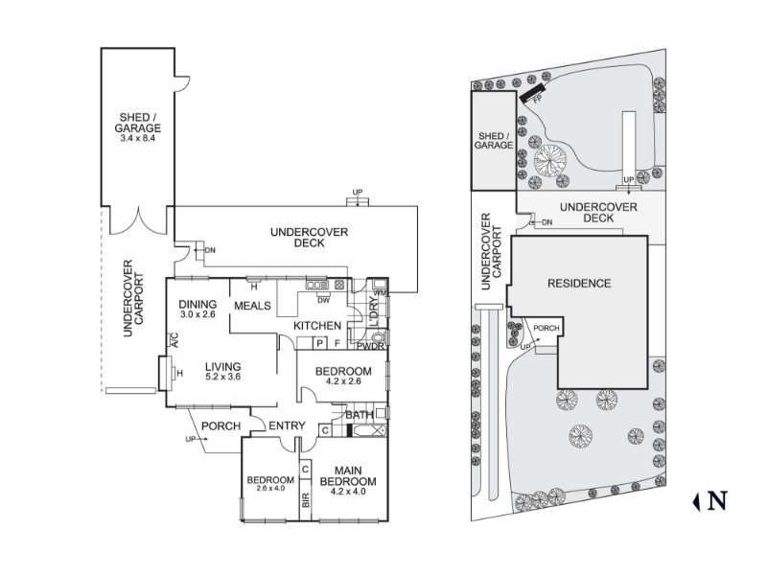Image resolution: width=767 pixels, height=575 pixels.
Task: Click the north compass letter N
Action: click(x=716, y=501)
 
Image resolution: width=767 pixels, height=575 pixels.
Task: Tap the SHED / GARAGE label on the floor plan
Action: click(x=137, y=123)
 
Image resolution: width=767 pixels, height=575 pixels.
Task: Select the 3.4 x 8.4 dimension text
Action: click(x=137, y=138)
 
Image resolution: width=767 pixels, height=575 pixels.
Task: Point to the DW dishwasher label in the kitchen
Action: click(x=323, y=300)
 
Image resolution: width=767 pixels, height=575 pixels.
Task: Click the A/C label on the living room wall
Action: click(x=174, y=340)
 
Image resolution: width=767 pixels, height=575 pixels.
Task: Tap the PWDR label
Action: click(x=370, y=347)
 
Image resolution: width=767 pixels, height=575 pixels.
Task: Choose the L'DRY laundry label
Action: click(x=373, y=312)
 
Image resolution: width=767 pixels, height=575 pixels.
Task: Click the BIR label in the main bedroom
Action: click(x=306, y=499)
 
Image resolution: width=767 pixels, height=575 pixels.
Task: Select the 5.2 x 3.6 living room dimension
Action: click(x=222, y=377)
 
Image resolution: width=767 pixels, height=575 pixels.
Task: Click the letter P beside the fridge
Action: click(x=320, y=343)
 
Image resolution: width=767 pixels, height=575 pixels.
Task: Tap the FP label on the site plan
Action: click(x=538, y=100)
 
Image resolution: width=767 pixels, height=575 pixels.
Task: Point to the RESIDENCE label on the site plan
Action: click(x=579, y=284)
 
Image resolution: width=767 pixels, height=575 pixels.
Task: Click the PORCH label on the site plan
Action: click(x=546, y=328)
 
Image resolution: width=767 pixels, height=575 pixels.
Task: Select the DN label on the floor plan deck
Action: click(x=210, y=250)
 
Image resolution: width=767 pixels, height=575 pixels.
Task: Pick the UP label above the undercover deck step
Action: click(x=358, y=193)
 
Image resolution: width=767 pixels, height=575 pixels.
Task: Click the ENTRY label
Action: click(x=287, y=425)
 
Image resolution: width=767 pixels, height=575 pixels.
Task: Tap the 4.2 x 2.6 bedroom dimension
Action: click(x=343, y=380)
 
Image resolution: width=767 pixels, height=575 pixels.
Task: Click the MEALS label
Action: click(x=252, y=306)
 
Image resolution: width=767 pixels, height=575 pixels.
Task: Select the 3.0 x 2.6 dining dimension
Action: click(x=198, y=314)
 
